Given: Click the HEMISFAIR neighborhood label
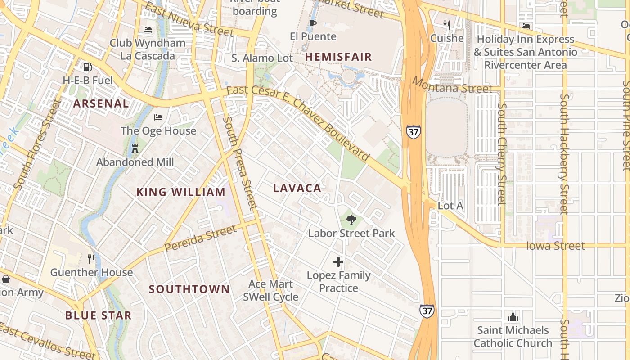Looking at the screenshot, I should coord(338,57).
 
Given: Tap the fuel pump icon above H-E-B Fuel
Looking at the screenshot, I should coord(87,67).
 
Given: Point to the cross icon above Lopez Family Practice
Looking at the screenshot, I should coord(338,262).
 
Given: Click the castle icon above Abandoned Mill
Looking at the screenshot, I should coord(135,148).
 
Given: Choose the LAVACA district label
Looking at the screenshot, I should coord(297,189).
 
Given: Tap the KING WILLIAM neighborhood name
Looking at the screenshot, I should coord(180,192).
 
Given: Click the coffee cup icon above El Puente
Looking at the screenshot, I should coord(313,23).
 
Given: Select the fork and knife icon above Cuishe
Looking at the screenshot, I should coord(446,25).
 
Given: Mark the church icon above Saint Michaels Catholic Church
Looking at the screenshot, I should coord(513,317).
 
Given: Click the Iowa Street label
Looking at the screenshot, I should coord(555,246).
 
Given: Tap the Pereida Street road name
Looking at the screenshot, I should coord(200,238).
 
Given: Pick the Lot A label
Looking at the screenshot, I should coord(450,206).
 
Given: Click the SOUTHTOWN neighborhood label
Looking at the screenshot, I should coord(189,289).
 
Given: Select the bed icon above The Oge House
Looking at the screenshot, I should coord(158,117).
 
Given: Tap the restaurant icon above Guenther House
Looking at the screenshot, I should coord(91,259).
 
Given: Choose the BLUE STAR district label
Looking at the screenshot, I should coord(98,315).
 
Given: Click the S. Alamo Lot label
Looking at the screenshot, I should coord(262,58).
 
